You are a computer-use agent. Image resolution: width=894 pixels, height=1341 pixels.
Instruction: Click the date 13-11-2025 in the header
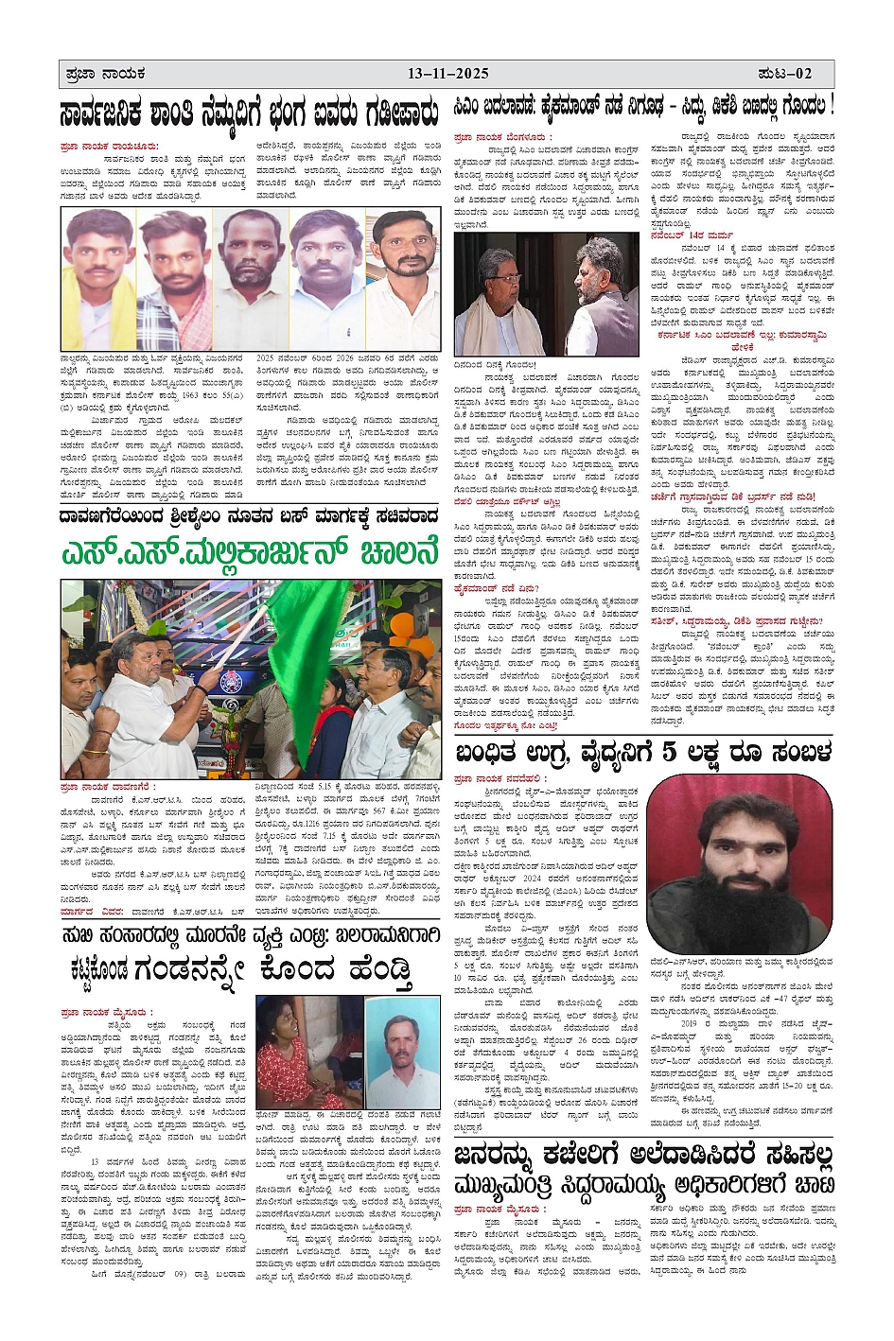(x=448, y=74)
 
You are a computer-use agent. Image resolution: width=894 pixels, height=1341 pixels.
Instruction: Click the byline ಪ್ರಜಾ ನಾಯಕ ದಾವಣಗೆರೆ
(x=106, y=787)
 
